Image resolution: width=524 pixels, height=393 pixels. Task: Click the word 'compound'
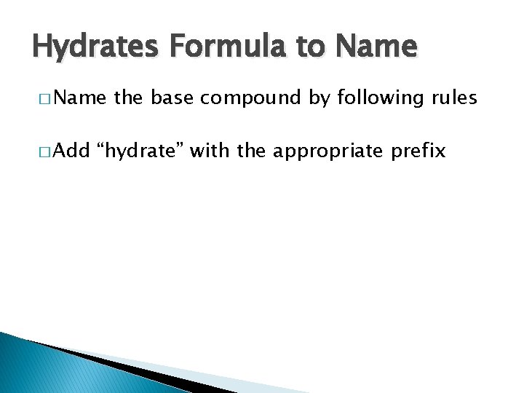[250, 98]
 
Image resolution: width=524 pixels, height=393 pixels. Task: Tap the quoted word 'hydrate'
[143, 152]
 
